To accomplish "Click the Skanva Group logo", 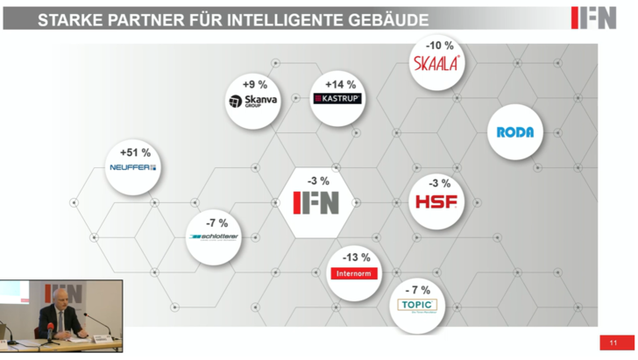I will pos(252,102).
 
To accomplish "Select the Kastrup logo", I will pos(337,99).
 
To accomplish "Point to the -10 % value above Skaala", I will pos(439,45).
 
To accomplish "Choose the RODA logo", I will pos(514,132).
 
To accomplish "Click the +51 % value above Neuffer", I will pos(135,153).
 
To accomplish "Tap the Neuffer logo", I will pos(132,166).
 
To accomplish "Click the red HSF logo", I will pos(436,202).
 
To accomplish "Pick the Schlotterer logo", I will pos(214,236).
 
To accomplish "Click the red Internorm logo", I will pos(353,273).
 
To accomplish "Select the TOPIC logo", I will pos(417,305).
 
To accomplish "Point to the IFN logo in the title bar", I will pos(593,18).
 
